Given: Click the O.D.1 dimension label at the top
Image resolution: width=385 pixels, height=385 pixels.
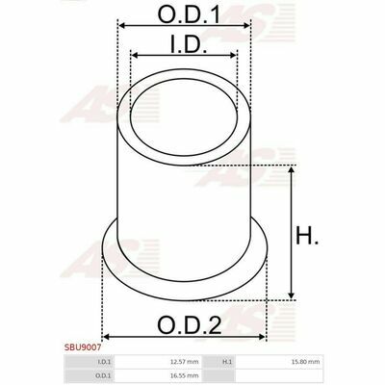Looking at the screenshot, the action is pyautogui.click(x=190, y=14).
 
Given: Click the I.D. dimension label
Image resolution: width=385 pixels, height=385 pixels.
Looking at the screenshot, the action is pyautogui.click(x=189, y=45).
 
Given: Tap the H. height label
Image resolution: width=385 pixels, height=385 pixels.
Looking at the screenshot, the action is pyautogui.click(x=307, y=236).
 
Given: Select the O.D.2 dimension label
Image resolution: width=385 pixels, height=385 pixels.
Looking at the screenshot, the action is pyautogui.click(x=190, y=325).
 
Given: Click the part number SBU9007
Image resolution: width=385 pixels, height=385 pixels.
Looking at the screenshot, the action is pyautogui.click(x=83, y=347).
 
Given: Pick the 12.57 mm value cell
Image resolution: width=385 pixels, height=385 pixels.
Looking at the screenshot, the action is pyautogui.click(x=186, y=362).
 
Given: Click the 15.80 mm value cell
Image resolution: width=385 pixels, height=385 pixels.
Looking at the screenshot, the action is pyautogui.click(x=307, y=362).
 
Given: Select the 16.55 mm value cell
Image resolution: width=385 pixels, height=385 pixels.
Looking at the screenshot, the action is pyautogui.click(x=186, y=375).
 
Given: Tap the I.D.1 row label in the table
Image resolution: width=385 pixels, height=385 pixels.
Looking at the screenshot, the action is pyautogui.click(x=104, y=362).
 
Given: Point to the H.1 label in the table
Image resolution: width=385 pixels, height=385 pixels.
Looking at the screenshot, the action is pyautogui.click(x=227, y=362).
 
